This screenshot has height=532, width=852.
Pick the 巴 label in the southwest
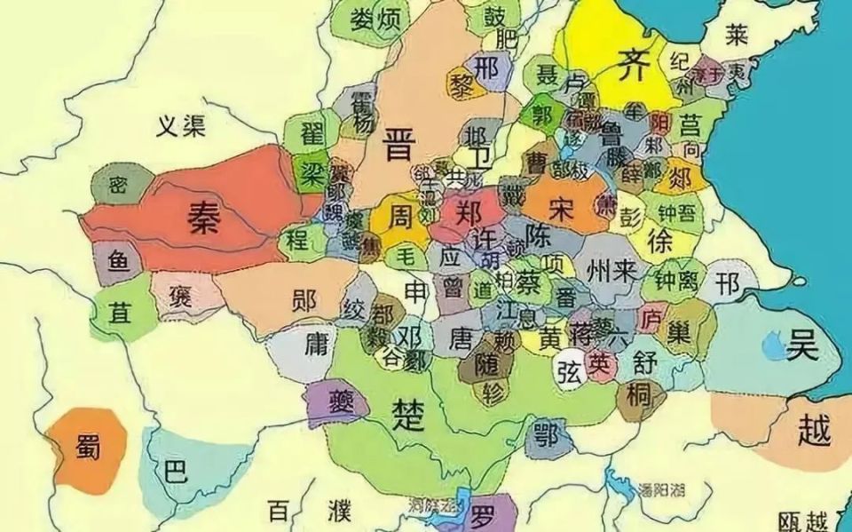[176, 471]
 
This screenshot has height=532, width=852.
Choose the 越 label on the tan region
[813, 432]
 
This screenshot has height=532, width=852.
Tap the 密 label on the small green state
[118, 186]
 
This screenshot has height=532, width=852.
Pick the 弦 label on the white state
[567, 372]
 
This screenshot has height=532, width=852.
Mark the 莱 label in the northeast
[736, 35]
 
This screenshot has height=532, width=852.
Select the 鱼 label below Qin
[118, 260]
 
